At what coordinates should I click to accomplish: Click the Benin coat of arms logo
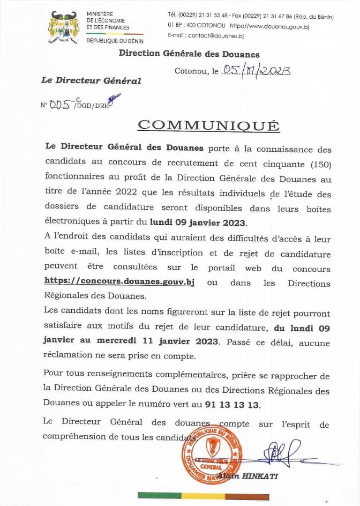64,28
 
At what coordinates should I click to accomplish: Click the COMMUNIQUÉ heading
208,126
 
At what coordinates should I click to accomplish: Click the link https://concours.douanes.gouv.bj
119,282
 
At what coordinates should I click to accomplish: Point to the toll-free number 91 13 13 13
232,405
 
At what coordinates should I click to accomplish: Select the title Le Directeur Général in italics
91,81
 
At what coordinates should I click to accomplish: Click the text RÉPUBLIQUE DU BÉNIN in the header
114,41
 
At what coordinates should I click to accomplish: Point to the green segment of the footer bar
159,496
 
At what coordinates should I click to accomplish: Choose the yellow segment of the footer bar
203,496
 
